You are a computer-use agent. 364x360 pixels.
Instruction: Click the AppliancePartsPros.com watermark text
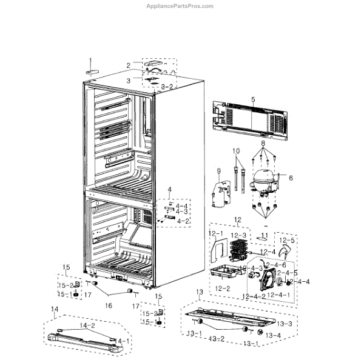(x=181, y=6)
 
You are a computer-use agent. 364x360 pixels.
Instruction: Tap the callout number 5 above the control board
(x=253, y=99)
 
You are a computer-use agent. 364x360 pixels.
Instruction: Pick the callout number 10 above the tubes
(x=236, y=150)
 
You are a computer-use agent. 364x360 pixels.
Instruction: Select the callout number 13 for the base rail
(x=200, y=293)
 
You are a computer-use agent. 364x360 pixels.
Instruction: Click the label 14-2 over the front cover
(x=89, y=326)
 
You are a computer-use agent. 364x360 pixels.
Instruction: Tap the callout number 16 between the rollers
(x=109, y=306)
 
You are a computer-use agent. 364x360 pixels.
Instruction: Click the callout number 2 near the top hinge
(x=129, y=65)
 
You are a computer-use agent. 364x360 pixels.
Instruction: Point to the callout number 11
(x=264, y=235)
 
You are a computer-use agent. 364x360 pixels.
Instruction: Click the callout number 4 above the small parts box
(x=170, y=190)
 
